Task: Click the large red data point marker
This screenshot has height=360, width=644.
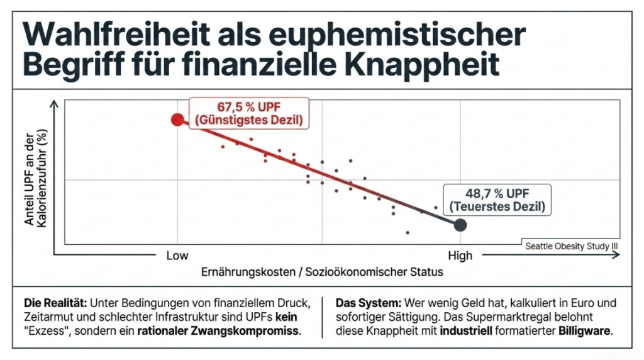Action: pyautogui.click(x=177, y=120)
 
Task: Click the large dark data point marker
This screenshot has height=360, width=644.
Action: pyautogui.click(x=460, y=224)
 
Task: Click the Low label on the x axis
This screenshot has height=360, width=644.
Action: pyautogui.click(x=177, y=256)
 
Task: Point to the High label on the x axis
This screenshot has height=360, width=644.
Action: pyautogui.click(x=460, y=256)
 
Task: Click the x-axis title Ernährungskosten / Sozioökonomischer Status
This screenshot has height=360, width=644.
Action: pyautogui.click(x=321, y=272)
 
